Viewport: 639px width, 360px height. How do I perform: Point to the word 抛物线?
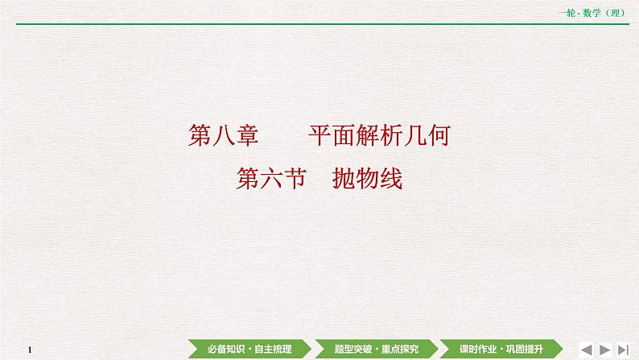(x=367, y=179)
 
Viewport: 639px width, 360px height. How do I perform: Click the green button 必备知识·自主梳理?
(x=249, y=348)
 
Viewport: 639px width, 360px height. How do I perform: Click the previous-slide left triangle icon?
(x=587, y=348)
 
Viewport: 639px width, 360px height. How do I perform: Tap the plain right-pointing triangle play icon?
(x=606, y=348)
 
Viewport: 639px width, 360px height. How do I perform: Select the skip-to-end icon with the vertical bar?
(x=624, y=348)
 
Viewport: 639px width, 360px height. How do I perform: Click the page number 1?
(x=29, y=349)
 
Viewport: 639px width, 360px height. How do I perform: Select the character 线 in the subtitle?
(x=390, y=179)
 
